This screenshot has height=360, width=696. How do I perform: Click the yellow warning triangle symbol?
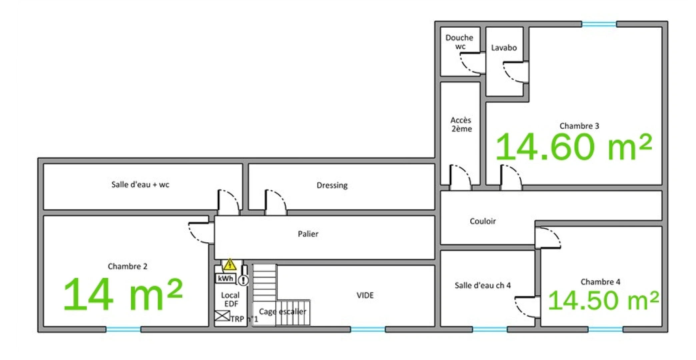[230, 265]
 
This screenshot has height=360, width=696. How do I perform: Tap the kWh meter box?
[226, 278]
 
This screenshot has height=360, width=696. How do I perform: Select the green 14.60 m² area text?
[573, 147]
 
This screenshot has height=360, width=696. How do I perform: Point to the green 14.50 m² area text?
[603, 300]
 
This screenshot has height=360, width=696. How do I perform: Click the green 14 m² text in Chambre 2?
[123, 294]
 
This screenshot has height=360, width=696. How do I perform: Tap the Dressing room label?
[332, 185]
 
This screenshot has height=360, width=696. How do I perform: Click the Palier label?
[308, 234]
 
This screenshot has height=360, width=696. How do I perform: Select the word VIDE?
[365, 295]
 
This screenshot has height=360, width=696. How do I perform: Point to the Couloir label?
[483, 221]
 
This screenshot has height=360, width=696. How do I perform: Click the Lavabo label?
[504, 48]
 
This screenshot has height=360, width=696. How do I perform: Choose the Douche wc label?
[459, 42]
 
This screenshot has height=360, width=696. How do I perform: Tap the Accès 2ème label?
[461, 124]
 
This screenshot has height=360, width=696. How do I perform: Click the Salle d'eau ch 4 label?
[483, 285]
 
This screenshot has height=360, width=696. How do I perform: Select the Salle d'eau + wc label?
[140, 184]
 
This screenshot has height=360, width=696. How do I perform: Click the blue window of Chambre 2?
[123, 329]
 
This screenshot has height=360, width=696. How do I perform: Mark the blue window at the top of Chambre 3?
[599, 24]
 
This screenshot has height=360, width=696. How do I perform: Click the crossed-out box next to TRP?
[222, 316]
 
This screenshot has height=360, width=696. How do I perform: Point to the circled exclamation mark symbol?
[244, 280]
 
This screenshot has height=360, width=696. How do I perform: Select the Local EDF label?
[230, 299]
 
